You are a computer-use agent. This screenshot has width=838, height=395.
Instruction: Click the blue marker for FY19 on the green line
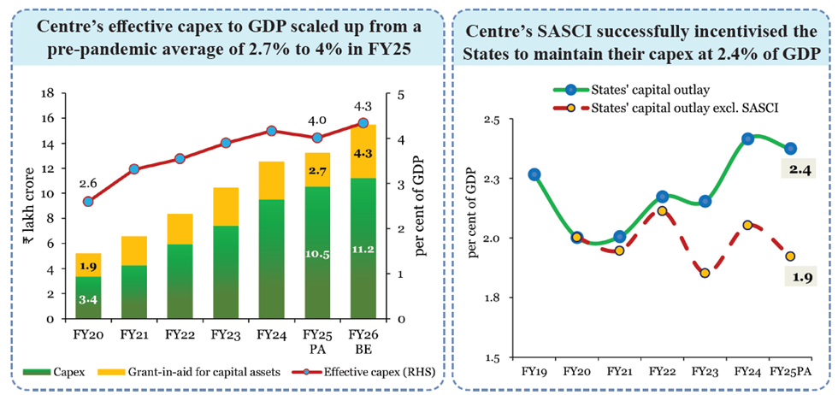(x=534, y=174)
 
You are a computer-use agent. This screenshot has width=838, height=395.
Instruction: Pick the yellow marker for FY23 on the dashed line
(x=704, y=273)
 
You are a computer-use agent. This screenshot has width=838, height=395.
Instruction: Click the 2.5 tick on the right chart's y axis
(x=493, y=120)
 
